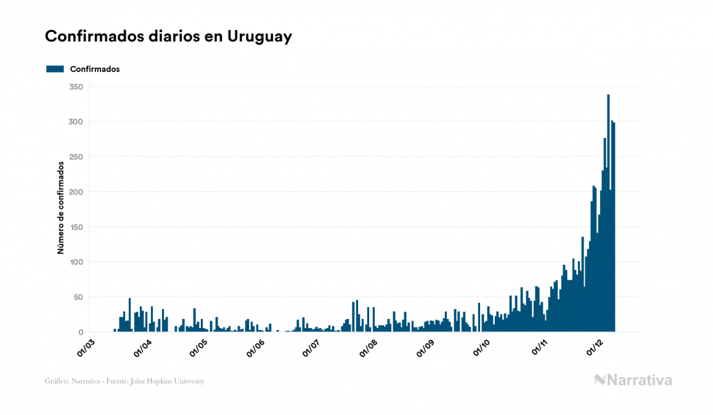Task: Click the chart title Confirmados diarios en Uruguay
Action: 168,36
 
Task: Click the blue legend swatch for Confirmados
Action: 55,69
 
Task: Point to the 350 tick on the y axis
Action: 76,87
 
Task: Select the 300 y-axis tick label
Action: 76,122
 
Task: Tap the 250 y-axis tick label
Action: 76,157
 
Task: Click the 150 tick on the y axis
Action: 76,227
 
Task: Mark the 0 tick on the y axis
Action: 80,332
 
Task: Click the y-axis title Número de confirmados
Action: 61,207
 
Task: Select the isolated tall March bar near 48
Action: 129,315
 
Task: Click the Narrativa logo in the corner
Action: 633,380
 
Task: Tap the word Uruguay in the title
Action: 259,36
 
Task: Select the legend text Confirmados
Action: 95,69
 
